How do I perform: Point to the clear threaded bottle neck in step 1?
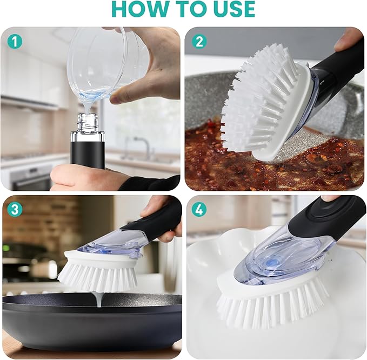[x=85, y=123]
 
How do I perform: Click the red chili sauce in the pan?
[x=216, y=162]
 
